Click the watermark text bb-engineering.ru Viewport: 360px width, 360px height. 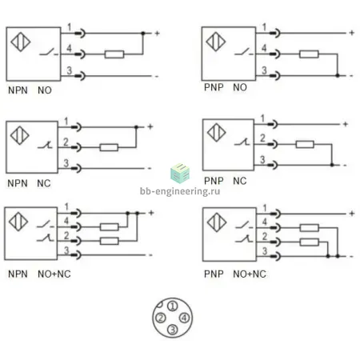click(180, 191)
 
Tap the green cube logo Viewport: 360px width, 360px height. click(180, 173)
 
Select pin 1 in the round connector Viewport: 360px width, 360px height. click(172, 306)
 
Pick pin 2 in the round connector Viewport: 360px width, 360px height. click(161, 318)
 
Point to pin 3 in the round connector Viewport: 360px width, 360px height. click(172, 330)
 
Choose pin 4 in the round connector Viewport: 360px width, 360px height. click(184, 318)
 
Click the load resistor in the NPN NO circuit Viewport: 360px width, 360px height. click(114, 54)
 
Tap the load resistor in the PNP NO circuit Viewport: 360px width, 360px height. click(309, 54)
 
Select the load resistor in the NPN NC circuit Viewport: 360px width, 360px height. click(109, 147)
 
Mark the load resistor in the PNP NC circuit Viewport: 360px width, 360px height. click(305, 145)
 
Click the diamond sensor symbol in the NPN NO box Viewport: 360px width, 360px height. click(21, 42)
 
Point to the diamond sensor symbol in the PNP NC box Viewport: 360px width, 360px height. click(217, 133)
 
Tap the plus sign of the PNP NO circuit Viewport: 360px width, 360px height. click(352, 33)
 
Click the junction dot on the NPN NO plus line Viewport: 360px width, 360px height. click(143, 34)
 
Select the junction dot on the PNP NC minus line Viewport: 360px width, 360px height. click(332, 165)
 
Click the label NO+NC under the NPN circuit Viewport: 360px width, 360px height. click(54, 274)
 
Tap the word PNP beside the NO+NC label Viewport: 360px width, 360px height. click(214, 274)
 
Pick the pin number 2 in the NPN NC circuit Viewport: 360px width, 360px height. click(66, 142)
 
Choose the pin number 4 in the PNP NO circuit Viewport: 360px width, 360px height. click(264, 48)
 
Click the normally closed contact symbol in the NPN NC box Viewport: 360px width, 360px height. click(45, 146)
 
